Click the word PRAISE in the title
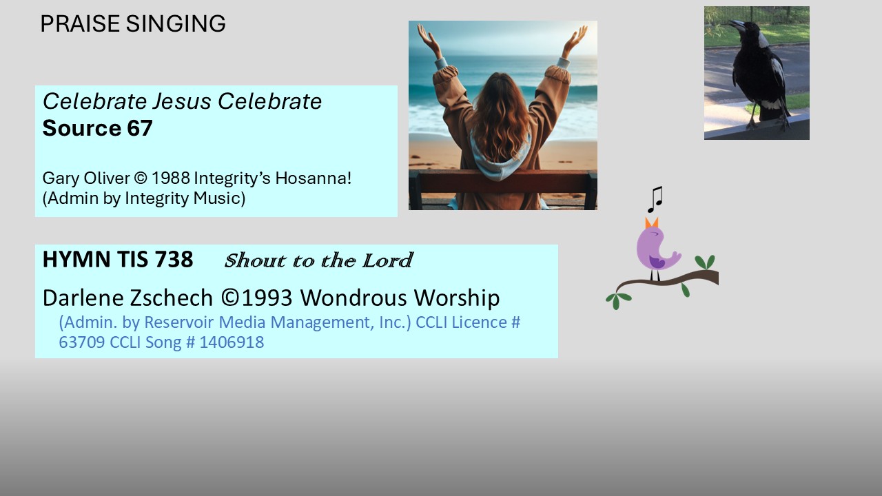80,23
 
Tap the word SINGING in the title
176,23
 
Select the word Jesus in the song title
182,101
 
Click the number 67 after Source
140,128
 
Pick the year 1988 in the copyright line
170,178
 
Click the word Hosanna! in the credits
313,178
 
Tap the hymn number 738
174,260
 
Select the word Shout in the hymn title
255,260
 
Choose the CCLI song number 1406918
232,342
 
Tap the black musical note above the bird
655,200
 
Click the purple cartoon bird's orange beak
651,223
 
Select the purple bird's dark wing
657,262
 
